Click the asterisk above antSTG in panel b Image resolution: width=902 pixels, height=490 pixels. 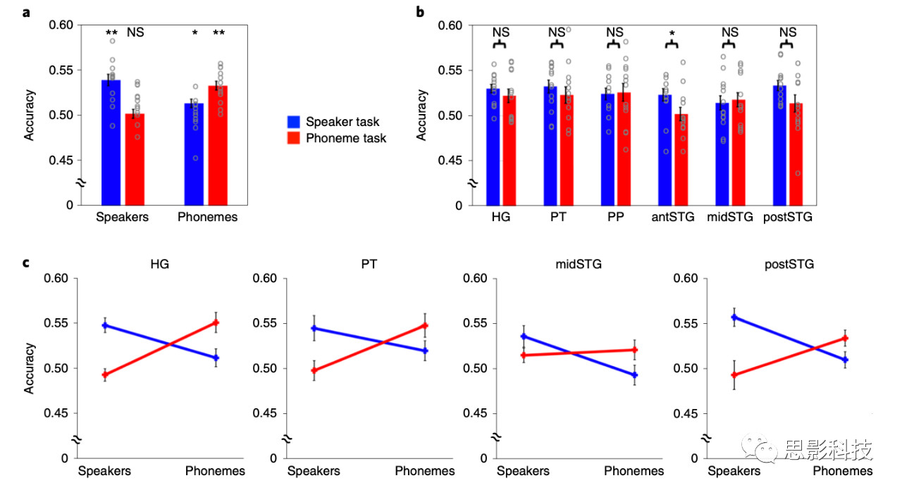pos(672,33)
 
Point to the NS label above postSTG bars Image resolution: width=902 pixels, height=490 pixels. pos(788,32)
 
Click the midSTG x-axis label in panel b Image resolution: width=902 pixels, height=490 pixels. pos(730,217)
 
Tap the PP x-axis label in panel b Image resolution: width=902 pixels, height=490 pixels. pos(615,217)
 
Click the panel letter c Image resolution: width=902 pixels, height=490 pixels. pos(26,263)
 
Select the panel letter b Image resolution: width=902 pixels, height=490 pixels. pos(420,11)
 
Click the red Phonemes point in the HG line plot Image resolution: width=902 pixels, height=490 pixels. pos(216,322)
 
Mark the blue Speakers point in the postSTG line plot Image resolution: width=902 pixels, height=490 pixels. pos(734,317)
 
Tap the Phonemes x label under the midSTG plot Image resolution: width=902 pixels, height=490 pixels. pos(634,471)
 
